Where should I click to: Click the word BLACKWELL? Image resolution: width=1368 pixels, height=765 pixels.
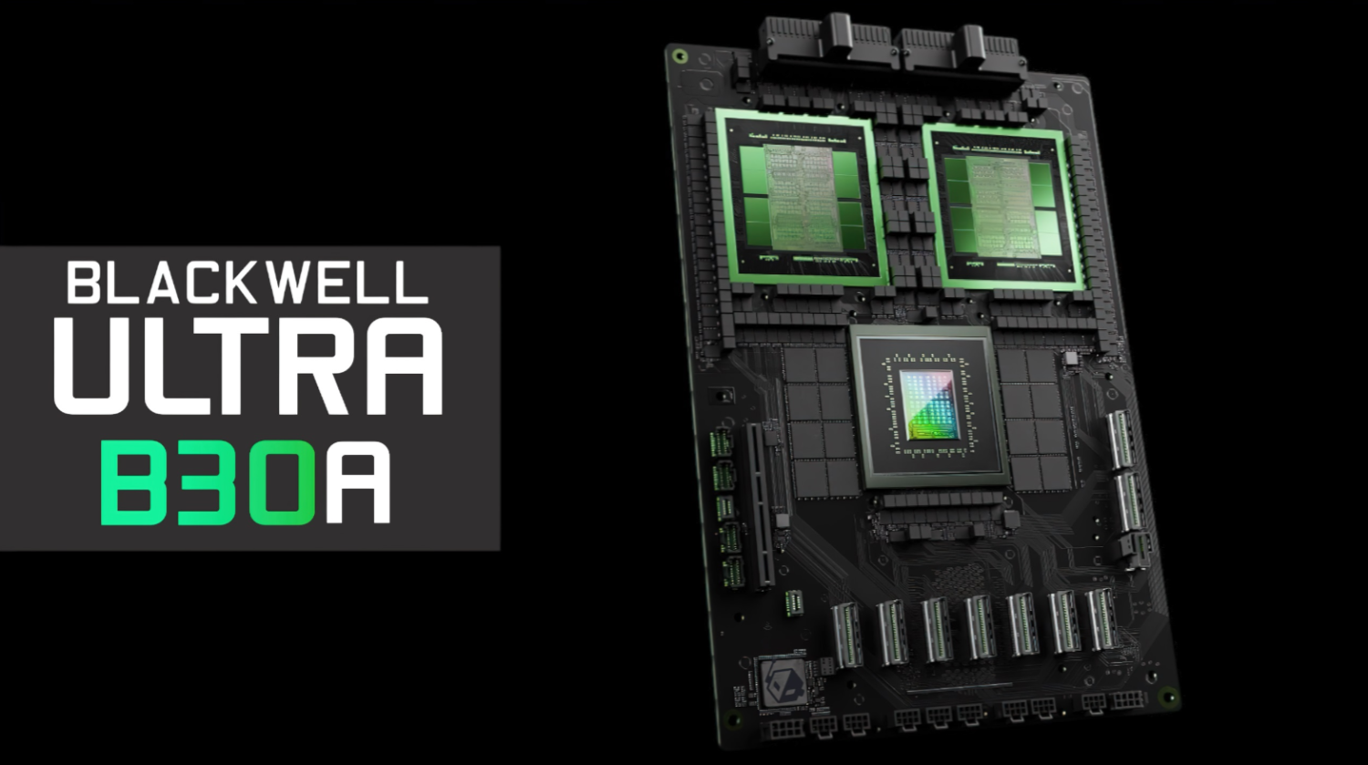click(x=247, y=283)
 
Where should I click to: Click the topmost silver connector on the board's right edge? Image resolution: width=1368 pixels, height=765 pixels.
click(x=1121, y=439)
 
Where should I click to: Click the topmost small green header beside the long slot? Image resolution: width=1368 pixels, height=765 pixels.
click(x=720, y=442)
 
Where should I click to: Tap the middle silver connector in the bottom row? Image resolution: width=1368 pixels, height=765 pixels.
click(x=979, y=626)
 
